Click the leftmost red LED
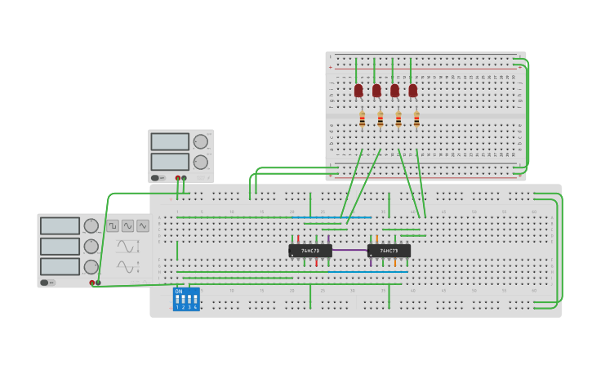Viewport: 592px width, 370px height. (x=358, y=91)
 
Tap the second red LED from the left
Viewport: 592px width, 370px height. (x=376, y=91)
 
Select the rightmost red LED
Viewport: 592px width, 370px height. (x=413, y=91)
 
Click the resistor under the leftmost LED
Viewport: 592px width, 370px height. (x=362, y=120)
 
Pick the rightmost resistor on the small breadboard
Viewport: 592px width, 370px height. (x=416, y=120)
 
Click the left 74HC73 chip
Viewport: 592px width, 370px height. (x=310, y=251)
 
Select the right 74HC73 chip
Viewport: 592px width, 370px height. (x=389, y=251)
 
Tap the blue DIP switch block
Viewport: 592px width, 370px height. (x=186, y=299)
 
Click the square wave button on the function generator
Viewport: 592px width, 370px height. (x=113, y=225)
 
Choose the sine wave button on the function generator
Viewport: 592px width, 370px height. (x=128, y=225)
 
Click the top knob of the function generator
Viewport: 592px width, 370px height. (x=91, y=225)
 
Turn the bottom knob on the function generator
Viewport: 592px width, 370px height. (x=91, y=266)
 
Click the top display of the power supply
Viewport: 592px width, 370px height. (x=170, y=142)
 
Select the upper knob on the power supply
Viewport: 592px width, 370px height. (x=200, y=142)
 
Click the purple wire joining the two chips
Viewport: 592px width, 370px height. (x=349, y=250)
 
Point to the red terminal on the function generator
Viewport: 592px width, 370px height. (x=92, y=283)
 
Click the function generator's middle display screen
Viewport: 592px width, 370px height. (x=60, y=246)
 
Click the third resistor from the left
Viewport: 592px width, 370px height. (x=398, y=120)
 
